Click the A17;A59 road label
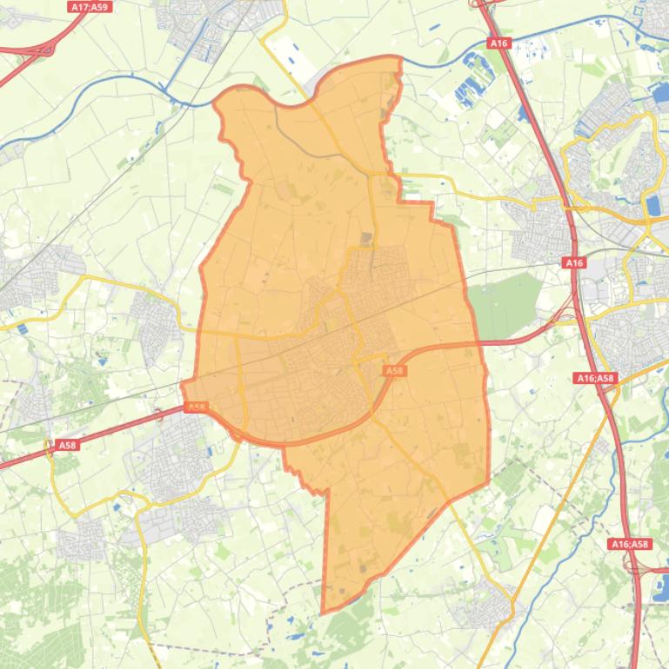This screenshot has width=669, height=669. (89, 6)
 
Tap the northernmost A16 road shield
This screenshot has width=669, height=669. (498, 43)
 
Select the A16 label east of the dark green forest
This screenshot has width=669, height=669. (574, 262)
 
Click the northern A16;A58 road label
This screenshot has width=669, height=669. (596, 378)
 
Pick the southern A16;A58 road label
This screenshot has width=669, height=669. (629, 544)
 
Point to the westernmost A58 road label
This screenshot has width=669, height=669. (67, 445)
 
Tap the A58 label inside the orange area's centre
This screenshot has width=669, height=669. (394, 370)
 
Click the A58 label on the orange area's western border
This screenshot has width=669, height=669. (197, 407)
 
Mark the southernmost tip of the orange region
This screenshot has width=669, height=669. (323, 613)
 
